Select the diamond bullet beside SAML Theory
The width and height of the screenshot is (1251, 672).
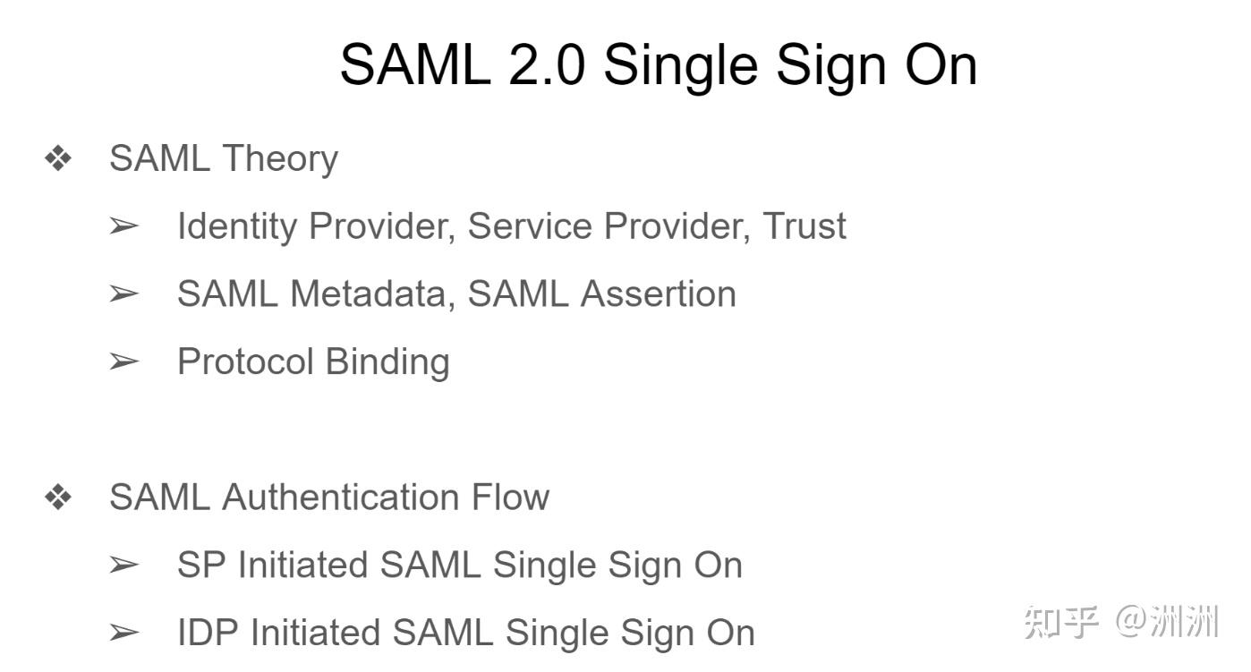coord(58,159)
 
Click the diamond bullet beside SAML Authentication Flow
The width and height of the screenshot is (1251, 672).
coord(58,498)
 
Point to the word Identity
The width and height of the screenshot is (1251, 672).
coord(237,226)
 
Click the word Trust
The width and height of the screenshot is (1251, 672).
coord(804,226)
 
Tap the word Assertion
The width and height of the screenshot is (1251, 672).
coord(658,294)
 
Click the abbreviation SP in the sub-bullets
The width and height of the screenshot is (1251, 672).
coord(201,566)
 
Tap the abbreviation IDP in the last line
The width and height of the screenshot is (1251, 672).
coord(208,633)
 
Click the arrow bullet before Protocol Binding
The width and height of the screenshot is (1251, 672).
coord(123,362)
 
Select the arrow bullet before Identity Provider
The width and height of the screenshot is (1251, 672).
coord(123,226)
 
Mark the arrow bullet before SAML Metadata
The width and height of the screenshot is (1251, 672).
coord(123,293)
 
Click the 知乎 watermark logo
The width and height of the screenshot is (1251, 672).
coord(1060,620)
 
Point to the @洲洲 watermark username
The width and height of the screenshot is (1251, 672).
coord(1167,620)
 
